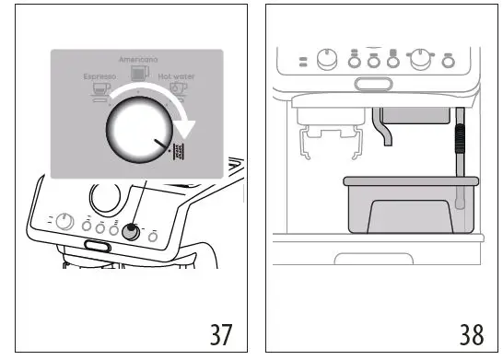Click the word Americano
click(137, 57)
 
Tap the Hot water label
click(176, 76)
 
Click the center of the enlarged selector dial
click(137, 134)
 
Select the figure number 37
click(219, 332)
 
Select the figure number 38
click(471, 332)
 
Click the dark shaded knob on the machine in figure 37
click(132, 232)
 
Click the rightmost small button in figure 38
click(449, 62)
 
